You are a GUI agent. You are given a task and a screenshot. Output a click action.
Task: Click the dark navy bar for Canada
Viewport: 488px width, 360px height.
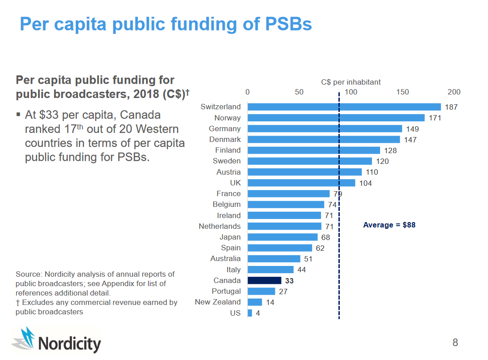pos(264,280)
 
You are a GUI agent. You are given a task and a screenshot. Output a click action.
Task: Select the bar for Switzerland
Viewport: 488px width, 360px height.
pos(344,107)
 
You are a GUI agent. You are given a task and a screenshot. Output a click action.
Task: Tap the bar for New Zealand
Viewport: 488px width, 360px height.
pos(254,302)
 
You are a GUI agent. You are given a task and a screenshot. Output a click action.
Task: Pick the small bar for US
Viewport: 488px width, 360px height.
pos(250,313)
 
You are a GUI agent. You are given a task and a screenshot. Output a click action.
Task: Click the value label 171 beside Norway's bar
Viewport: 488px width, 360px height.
pos(435,118)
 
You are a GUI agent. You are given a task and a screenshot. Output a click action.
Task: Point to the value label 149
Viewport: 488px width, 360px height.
pos(412,129)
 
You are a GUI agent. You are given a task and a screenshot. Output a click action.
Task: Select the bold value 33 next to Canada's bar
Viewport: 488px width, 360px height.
pos(290,281)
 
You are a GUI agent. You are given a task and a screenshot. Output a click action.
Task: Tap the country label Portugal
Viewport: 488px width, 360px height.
pos(226,291)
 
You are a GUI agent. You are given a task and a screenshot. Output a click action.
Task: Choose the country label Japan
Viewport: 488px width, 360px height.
pos(230,237)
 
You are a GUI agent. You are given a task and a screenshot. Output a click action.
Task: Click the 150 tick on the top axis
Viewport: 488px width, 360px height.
pos(402,92)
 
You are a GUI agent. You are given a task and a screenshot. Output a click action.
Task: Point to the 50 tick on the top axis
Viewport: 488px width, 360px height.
pos(299,92)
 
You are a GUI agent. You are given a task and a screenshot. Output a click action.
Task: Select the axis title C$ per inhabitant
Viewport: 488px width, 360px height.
pos(351,82)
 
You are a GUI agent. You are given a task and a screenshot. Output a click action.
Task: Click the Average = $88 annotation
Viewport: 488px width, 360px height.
pos(389,225)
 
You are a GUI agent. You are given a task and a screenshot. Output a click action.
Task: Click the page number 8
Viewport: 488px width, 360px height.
pos(455,343)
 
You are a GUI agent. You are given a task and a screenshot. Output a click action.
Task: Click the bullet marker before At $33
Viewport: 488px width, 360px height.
pos(18,115)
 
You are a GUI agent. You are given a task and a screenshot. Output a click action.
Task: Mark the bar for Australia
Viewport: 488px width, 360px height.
pos(274,259)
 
